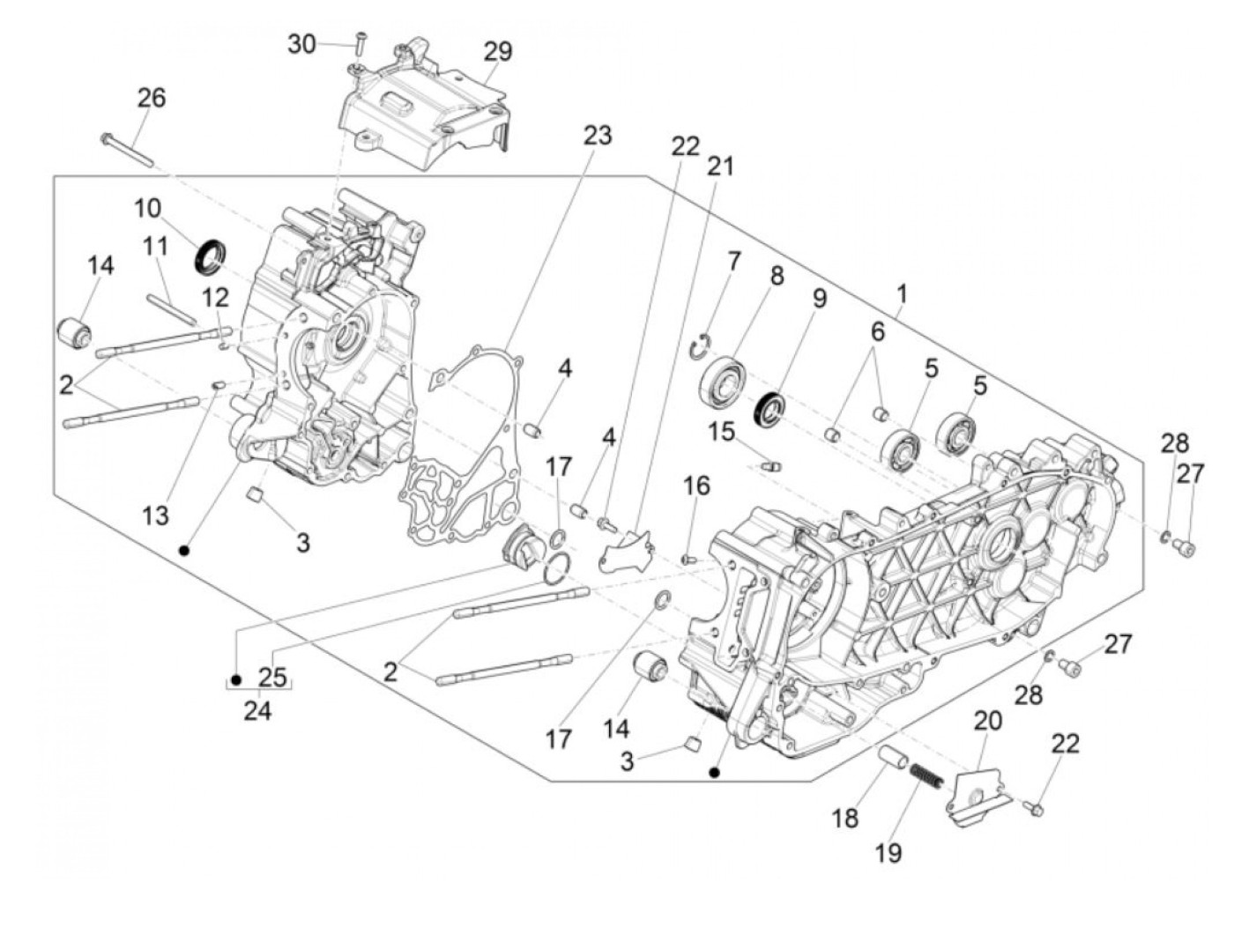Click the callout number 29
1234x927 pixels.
497,51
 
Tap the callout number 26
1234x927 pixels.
151,97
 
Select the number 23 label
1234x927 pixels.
597,136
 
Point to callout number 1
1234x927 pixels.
902,293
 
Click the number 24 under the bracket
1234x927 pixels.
257,709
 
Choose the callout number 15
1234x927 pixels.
721,432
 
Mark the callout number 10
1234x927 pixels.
148,208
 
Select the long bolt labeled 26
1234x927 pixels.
129,150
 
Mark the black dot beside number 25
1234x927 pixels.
236,679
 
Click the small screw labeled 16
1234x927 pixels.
689,557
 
